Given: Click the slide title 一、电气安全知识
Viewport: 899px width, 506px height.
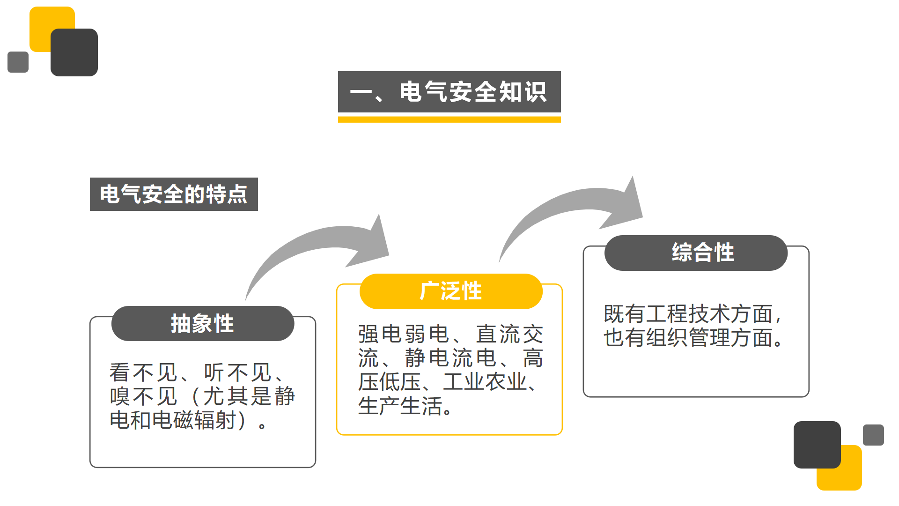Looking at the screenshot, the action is coord(449,92).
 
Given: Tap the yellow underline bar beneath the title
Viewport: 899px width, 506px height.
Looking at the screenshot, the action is coord(449,120).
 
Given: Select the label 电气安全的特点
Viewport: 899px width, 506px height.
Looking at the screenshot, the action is coord(174,194).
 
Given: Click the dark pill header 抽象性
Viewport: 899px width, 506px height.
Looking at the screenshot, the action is coord(203,323).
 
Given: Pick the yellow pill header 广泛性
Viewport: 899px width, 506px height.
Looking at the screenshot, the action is coord(451,291).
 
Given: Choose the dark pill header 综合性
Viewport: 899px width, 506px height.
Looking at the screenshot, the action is coord(696,253).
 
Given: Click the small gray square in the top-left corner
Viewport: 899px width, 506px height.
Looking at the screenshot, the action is coord(18,62).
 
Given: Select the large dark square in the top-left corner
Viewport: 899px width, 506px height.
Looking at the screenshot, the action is coord(74,52).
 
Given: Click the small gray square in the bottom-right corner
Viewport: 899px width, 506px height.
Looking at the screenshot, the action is coord(873,435).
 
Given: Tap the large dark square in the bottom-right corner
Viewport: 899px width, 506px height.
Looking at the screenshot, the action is coord(817,445).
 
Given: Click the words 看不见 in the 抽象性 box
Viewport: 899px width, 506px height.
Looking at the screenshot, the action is coord(143,373).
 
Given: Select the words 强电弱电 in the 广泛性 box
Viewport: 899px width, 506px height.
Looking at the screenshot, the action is coord(404,334).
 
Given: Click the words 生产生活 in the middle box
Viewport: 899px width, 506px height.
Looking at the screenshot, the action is coord(400,406).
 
